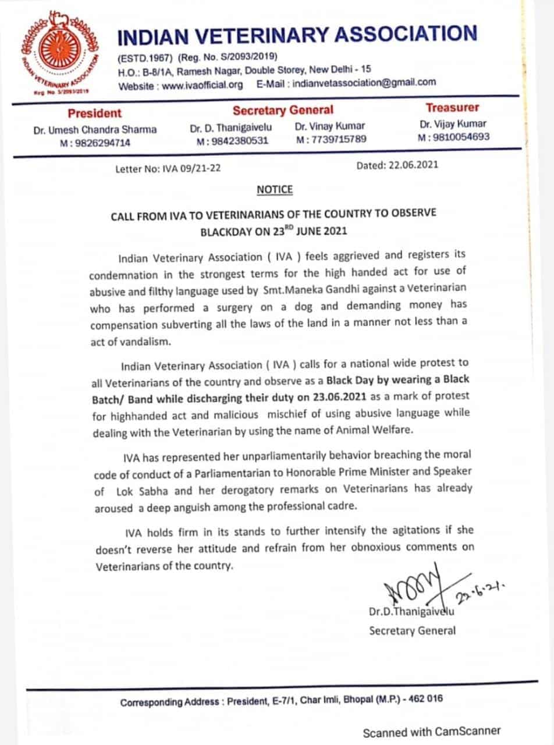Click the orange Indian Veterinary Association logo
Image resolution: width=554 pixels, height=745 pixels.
point(56,51)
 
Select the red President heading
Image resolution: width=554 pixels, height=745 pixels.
point(95,113)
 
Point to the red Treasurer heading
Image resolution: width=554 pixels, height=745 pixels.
point(453,108)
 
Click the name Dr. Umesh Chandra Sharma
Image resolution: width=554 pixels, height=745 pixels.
point(95,130)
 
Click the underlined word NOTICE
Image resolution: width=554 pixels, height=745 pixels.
point(275,190)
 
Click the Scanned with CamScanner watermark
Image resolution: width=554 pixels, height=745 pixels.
point(431,732)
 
